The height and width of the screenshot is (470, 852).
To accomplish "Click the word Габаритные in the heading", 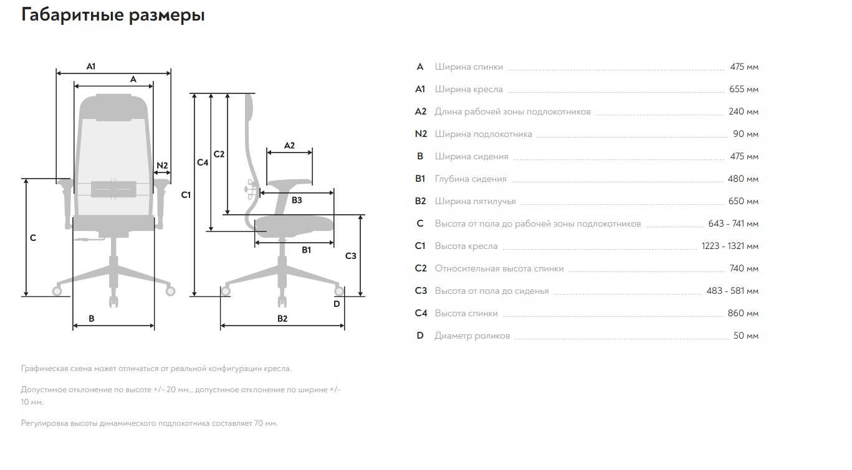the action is (73, 16).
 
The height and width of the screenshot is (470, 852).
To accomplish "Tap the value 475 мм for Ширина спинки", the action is (744, 67).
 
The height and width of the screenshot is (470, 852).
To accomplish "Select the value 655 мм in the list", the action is (744, 89).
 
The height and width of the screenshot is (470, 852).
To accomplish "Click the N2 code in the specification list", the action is (421, 134).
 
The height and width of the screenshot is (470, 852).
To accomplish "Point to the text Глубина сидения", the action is (471, 179).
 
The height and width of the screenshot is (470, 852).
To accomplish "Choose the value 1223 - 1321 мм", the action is (730, 247).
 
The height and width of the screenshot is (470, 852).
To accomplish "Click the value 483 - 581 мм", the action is (732, 291).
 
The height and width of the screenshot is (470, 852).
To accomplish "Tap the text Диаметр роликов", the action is (472, 336).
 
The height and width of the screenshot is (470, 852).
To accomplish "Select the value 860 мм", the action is (743, 314).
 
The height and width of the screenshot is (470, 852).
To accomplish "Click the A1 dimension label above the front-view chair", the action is (91, 67).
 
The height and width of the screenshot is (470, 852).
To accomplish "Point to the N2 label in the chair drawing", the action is (162, 166).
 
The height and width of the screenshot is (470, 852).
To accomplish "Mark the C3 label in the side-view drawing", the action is (350, 256).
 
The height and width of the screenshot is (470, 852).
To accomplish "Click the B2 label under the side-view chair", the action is (282, 319).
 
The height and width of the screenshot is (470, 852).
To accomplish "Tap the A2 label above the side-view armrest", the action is (289, 146).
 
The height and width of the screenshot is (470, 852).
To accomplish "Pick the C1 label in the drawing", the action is (186, 195).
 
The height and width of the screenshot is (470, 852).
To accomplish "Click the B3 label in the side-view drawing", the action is (297, 200).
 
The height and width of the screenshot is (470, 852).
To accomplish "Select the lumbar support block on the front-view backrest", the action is (113, 189).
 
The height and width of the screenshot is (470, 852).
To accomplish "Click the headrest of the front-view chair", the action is (113, 108).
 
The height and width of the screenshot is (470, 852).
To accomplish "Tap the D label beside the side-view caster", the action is (337, 304).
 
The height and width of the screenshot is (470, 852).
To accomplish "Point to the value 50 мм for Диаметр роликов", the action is (746, 336).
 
